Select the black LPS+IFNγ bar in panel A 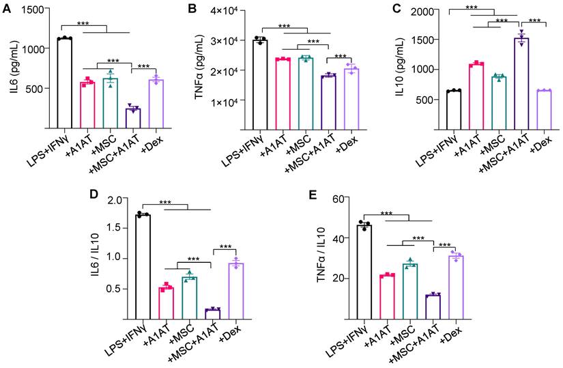tap(65, 83)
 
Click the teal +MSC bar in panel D tap(190, 298)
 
